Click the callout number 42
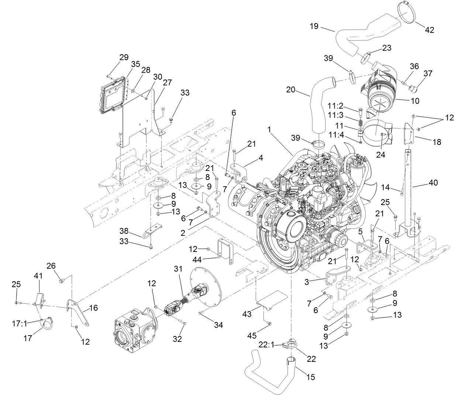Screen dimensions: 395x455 (429, 30)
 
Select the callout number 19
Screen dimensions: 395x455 (314, 27)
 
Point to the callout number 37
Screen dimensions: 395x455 (428, 74)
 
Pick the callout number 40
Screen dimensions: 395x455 (433, 182)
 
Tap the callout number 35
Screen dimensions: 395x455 (135, 64)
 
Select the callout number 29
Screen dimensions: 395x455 (124, 57)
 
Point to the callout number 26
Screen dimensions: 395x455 (51, 266)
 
